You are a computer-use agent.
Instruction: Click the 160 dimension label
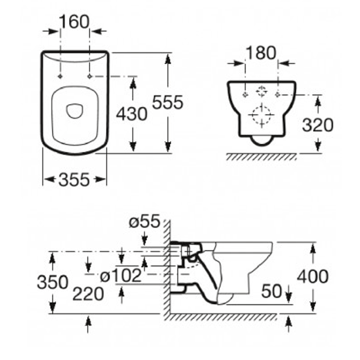pyautogui.click(x=74, y=22)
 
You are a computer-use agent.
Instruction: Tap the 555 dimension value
pyautogui.click(x=167, y=103)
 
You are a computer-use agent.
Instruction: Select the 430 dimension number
pyautogui.click(x=131, y=114)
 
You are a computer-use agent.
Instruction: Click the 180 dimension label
pyautogui.click(x=261, y=53)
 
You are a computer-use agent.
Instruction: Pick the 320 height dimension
pyautogui.click(x=318, y=125)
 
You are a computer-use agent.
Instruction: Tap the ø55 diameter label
pyautogui.click(x=144, y=222)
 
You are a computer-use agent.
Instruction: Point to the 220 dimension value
pyautogui.click(x=88, y=294)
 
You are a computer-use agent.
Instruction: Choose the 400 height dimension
pyautogui.click(x=312, y=276)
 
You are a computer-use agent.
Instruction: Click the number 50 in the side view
pyautogui.click(x=272, y=291)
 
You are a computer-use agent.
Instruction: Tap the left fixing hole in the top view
pyautogui.click(x=60, y=76)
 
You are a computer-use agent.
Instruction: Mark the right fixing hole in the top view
pyautogui.click(x=89, y=76)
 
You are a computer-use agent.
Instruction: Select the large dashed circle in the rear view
pyautogui.click(x=261, y=116)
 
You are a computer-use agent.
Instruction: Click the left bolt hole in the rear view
pyautogui.click(x=246, y=95)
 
